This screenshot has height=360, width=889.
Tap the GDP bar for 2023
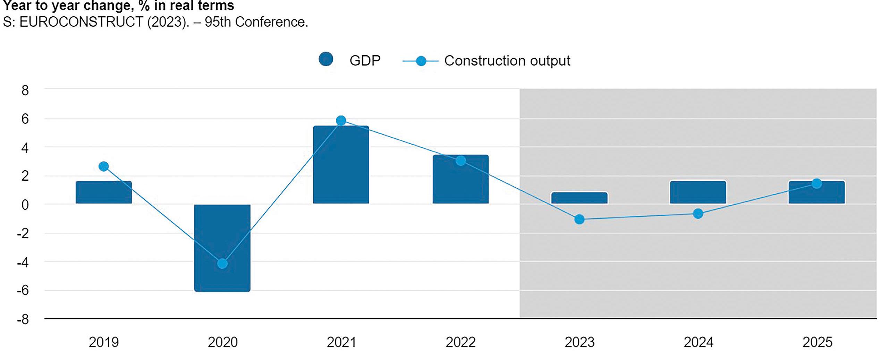[579, 198]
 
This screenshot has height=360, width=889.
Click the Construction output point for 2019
[103, 166]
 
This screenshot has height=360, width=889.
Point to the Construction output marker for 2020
[222, 264]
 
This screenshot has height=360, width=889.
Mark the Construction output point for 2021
[341, 120]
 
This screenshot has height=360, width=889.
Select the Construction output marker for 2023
[579, 219]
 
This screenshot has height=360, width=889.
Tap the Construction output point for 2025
[817, 183]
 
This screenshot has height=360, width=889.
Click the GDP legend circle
[326, 59]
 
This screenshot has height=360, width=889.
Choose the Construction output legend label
[507, 61]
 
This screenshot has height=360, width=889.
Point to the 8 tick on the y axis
[25, 90]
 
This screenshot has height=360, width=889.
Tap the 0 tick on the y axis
[25, 205]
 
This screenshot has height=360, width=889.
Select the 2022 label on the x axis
[460, 342]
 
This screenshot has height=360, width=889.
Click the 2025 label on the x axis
[817, 342]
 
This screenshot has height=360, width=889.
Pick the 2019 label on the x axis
[103, 342]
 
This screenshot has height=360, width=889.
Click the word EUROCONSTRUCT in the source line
[81, 22]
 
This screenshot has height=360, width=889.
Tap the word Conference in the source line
[271, 22]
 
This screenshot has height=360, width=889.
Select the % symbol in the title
[144, 6]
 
